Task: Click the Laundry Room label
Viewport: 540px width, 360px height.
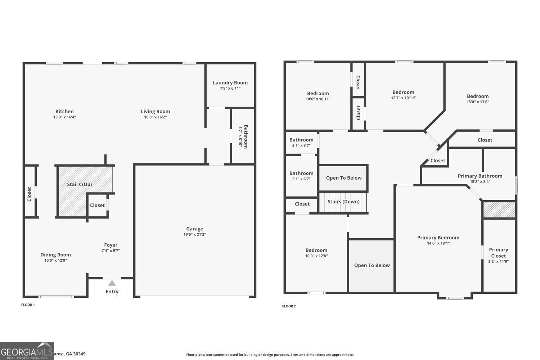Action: [x=230, y=82]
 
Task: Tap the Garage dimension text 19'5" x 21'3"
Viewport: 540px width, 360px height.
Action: [x=194, y=234]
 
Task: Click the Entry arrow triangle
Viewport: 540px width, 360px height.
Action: [x=112, y=283]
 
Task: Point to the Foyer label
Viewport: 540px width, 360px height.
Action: [x=111, y=245]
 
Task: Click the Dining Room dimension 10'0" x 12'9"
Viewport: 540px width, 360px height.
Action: [x=55, y=260]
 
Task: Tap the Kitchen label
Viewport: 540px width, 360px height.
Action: [x=64, y=111]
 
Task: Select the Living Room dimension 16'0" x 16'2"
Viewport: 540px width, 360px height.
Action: [x=155, y=117]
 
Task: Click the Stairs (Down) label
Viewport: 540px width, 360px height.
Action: [x=343, y=201]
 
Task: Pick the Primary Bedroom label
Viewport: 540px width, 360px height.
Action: [x=438, y=237]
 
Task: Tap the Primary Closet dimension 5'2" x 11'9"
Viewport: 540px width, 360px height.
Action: [x=498, y=262]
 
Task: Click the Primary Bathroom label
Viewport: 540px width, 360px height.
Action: [x=480, y=176]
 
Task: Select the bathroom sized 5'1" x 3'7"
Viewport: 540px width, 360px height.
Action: [x=301, y=142]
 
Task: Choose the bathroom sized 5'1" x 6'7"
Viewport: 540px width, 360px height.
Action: [x=301, y=176]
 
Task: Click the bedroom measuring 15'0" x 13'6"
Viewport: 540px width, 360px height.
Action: [x=478, y=99]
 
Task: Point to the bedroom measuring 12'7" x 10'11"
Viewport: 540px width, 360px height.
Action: [x=403, y=95]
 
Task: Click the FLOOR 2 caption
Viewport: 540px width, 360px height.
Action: [x=289, y=306]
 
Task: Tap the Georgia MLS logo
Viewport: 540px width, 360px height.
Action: [x=27, y=351]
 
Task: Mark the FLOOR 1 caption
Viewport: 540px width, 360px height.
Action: [x=28, y=305]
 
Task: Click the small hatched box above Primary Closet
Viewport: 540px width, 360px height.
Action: [x=499, y=210]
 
